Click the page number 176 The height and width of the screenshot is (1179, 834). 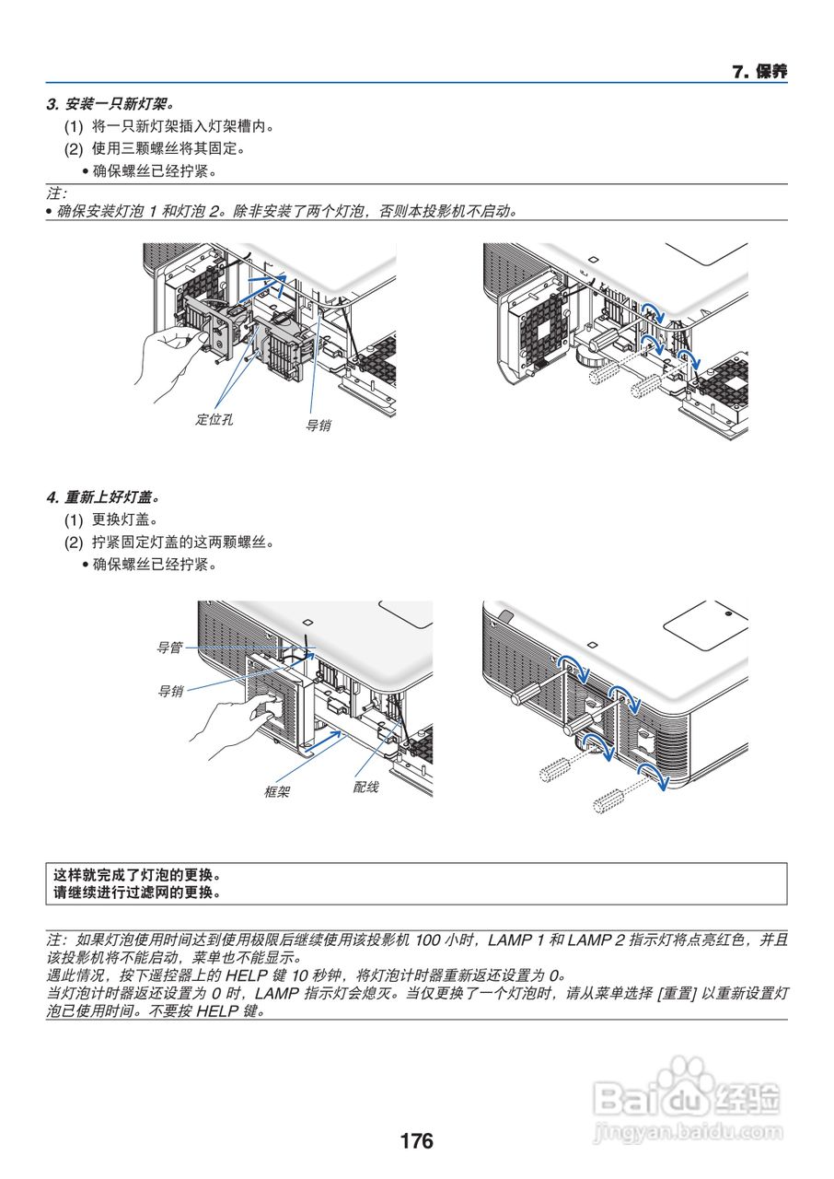(416, 1141)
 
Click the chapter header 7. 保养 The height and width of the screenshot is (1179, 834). (759, 72)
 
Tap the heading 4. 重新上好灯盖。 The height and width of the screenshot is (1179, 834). (110, 497)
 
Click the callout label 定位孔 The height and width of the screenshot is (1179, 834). (214, 419)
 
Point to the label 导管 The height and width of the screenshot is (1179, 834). (169, 648)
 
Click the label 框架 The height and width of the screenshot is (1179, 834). (277, 791)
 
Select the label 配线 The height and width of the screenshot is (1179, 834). (365, 788)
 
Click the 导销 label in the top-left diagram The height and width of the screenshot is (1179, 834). (319, 426)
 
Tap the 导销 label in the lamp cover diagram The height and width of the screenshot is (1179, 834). (169, 690)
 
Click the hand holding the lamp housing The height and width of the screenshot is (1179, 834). (166, 359)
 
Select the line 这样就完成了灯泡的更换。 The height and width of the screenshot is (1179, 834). (138, 875)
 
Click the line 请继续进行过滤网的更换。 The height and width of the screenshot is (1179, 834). (138, 892)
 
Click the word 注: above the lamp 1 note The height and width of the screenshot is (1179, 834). (57, 193)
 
